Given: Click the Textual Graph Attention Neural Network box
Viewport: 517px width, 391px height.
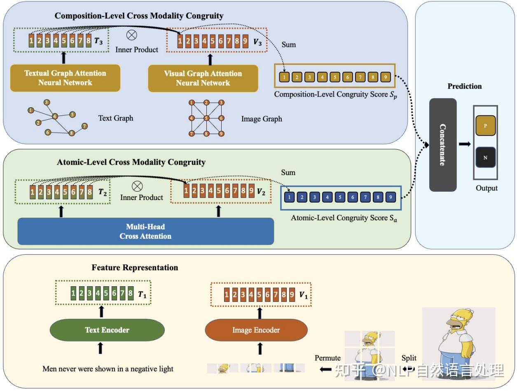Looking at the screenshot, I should (65, 78).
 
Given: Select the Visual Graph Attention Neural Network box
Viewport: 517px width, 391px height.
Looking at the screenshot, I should (203, 78).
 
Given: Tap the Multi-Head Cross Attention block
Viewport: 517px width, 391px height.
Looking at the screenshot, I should (145, 231).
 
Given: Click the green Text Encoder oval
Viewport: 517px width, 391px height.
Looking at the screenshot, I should (107, 330).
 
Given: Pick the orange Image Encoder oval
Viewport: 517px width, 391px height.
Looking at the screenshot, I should (256, 330).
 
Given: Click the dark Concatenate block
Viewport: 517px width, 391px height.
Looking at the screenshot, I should (443, 145).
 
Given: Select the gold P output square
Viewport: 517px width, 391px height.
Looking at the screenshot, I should (485, 126).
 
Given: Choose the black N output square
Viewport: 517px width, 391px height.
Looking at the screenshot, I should (485, 158).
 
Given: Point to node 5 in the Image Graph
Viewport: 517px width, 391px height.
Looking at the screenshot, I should (207, 118).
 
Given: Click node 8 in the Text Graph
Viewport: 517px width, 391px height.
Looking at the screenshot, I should (72, 133).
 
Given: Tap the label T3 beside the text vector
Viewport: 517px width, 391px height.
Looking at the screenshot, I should (99, 41).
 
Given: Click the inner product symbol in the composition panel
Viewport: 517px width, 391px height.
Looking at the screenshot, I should (131, 35).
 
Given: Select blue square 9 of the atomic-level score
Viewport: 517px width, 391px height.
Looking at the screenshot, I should (391, 198).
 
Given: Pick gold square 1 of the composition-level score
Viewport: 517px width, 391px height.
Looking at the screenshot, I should (284, 77).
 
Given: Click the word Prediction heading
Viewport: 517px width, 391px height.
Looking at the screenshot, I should (464, 86).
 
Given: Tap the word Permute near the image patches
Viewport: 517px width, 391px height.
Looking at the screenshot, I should (328, 358).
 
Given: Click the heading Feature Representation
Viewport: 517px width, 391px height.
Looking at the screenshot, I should (135, 268).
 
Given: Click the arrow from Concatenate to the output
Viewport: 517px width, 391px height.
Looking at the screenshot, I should (465, 144).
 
